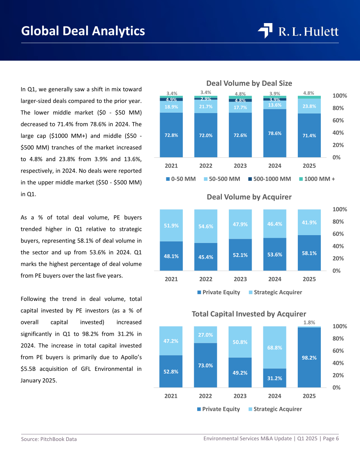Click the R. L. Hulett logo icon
265,31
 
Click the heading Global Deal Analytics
83,31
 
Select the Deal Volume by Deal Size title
249,83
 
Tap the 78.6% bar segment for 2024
275,133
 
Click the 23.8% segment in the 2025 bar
309,106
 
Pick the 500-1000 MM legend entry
270,179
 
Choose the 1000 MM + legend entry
317,179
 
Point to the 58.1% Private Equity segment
309,253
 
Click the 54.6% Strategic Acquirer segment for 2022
206,226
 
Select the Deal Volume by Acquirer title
249,197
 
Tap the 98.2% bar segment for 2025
309,358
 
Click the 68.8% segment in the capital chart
275,347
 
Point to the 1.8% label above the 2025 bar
309,322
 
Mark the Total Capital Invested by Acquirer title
249,314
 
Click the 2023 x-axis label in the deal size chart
240,166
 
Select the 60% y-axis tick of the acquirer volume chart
338,234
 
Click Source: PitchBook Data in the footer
49,439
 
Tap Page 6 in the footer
331,439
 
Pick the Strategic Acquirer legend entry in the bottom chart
275,409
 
